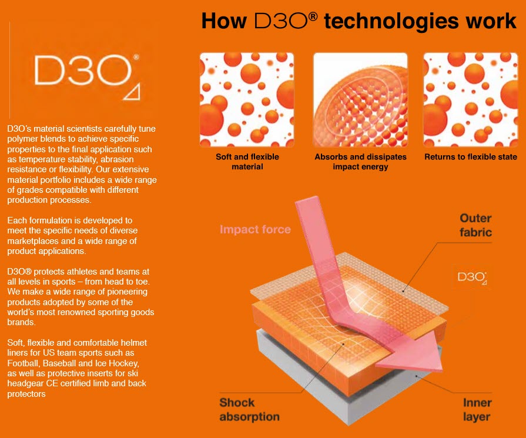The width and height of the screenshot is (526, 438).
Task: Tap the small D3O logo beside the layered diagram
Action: (x=472, y=277)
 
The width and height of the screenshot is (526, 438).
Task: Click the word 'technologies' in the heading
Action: (x=391, y=22)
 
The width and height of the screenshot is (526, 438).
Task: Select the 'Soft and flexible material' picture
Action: (x=247, y=100)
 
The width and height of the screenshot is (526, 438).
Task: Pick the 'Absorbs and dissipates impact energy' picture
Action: (x=360, y=100)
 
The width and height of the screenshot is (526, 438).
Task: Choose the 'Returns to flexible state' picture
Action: (x=471, y=100)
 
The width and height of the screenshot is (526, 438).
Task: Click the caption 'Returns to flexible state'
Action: (x=471, y=157)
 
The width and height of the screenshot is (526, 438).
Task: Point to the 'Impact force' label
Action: (x=255, y=229)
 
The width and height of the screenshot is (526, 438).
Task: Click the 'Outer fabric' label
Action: (x=475, y=225)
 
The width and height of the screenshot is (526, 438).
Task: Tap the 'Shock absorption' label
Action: (x=249, y=409)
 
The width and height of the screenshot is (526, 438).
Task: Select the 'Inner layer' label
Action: (x=477, y=409)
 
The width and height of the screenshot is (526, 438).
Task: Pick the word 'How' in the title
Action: (x=224, y=22)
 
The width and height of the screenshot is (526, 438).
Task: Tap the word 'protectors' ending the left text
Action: (x=26, y=394)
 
